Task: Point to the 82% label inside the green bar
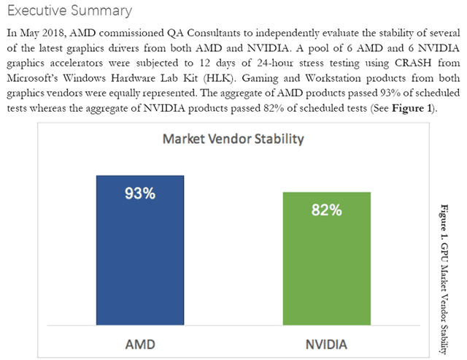pyautogui.click(x=326, y=210)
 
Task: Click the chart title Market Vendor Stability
pyautogui.click(x=233, y=139)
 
